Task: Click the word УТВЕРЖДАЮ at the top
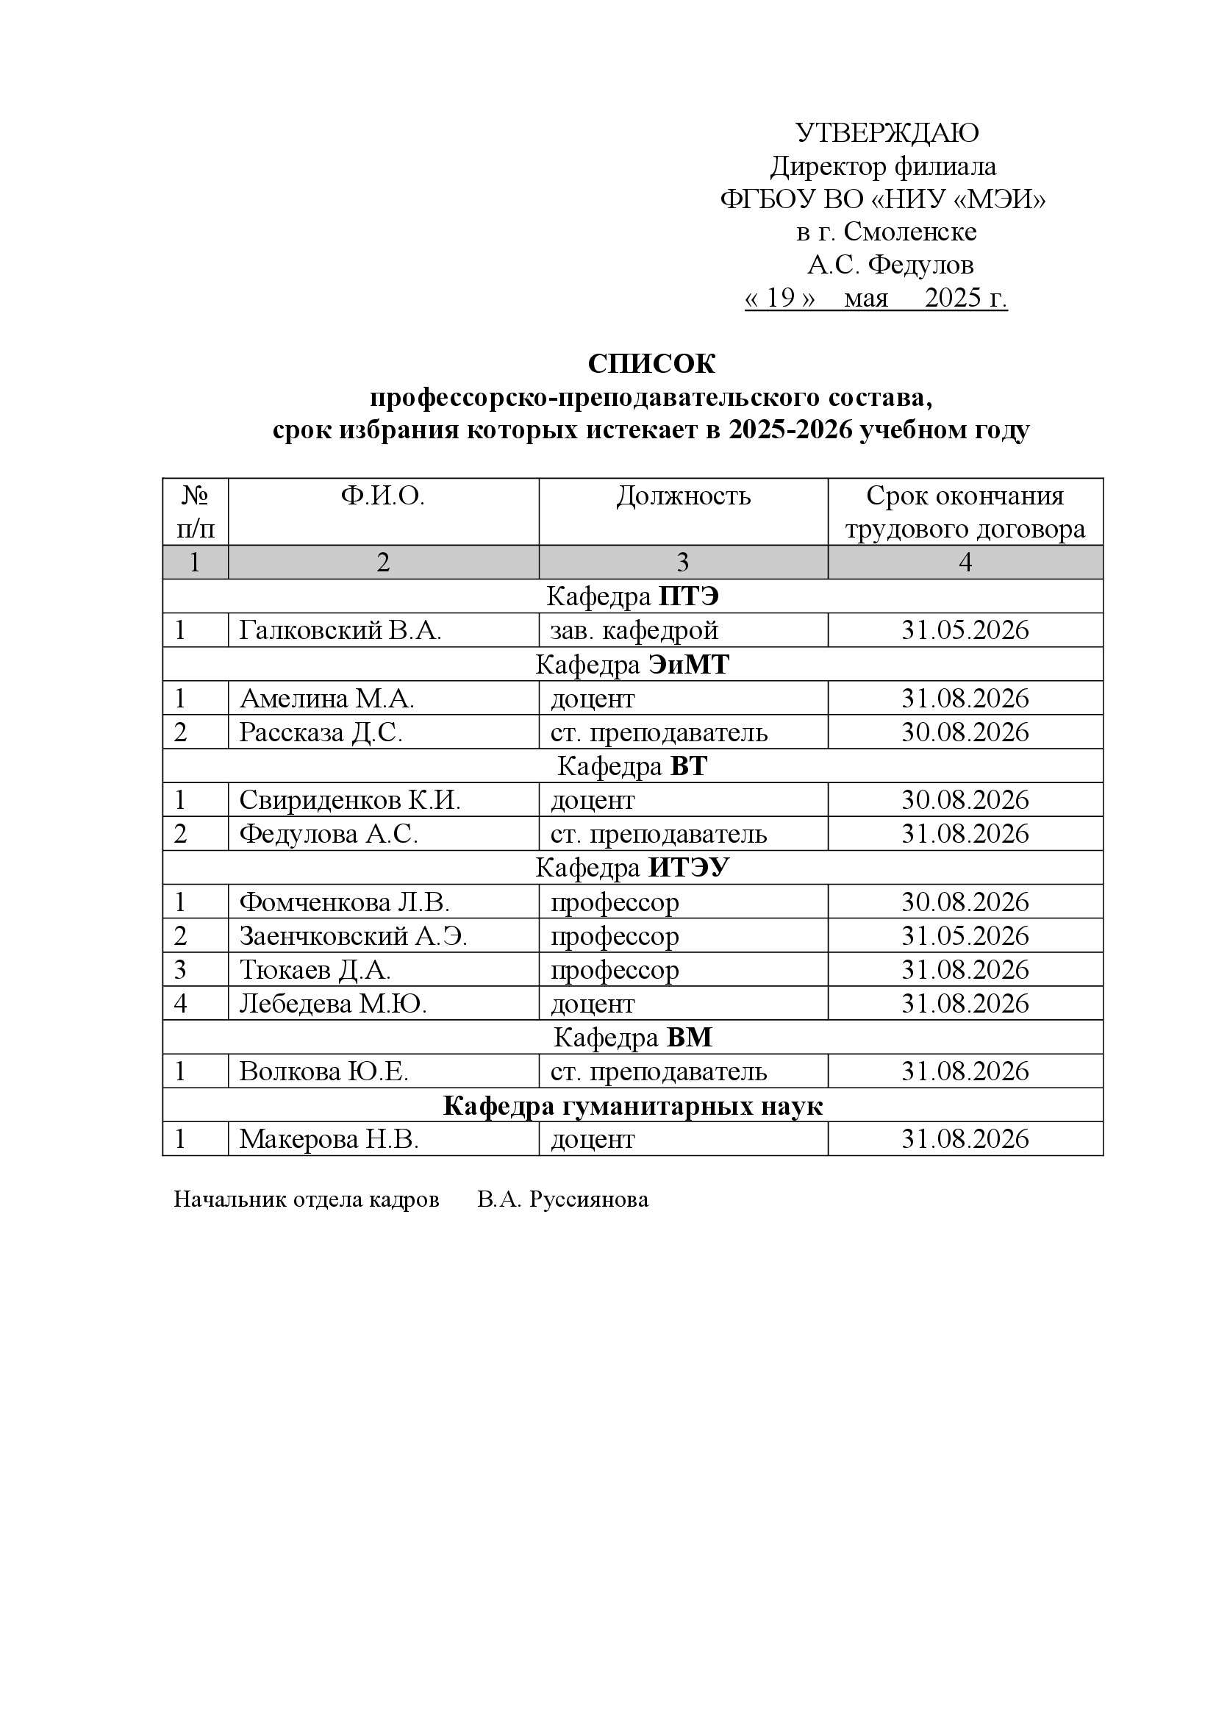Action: (x=887, y=133)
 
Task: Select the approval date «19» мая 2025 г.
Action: (x=876, y=298)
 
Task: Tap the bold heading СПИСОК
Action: (x=651, y=364)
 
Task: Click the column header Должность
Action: (x=683, y=496)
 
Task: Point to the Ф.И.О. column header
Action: (x=382, y=496)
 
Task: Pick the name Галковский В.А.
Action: (x=340, y=631)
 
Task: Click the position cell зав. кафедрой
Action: (x=634, y=631)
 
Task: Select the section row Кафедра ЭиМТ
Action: (x=632, y=665)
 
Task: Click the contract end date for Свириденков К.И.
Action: (x=965, y=800)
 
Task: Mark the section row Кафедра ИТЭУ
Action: (x=632, y=868)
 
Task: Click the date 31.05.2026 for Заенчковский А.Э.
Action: (x=965, y=935)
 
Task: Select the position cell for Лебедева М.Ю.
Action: (x=593, y=1004)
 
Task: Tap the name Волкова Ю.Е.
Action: (x=323, y=1072)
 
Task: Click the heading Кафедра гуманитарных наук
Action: (x=632, y=1106)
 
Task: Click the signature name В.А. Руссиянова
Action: (x=562, y=1199)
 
